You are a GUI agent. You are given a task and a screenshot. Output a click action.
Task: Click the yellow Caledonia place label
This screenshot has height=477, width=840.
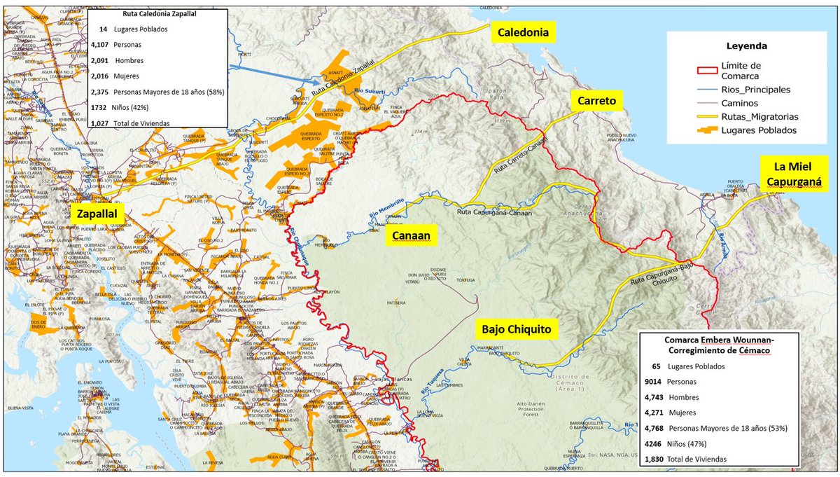(521, 32)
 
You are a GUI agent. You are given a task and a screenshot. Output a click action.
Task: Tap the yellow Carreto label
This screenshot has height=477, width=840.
(597, 102)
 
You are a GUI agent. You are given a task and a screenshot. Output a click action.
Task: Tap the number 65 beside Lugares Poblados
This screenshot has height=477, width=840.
(656, 366)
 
